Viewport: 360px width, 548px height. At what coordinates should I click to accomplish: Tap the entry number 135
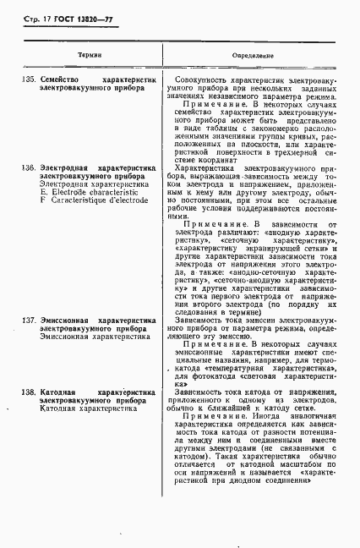point(25,79)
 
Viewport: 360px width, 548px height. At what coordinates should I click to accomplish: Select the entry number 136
point(25,167)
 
